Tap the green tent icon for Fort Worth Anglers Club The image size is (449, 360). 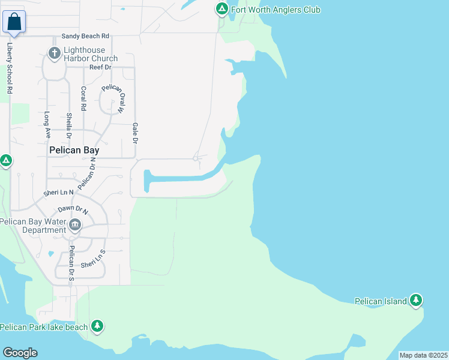[221, 9]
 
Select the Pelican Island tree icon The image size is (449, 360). [416, 301]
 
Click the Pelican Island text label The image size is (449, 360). [381, 301]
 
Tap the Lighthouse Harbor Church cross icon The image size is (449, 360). [55, 54]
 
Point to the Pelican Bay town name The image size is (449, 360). [73, 152]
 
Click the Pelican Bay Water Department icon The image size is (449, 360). [74, 226]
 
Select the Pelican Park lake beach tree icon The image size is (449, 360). [97, 326]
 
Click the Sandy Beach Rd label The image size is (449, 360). [81, 37]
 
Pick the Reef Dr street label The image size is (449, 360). [101, 67]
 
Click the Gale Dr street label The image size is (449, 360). [135, 133]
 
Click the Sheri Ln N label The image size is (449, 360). [58, 193]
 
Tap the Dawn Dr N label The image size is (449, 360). [73, 210]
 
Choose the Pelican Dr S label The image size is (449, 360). [71, 263]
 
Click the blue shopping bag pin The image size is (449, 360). [14, 22]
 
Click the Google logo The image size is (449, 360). [20, 352]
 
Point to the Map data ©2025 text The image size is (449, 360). [423, 355]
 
